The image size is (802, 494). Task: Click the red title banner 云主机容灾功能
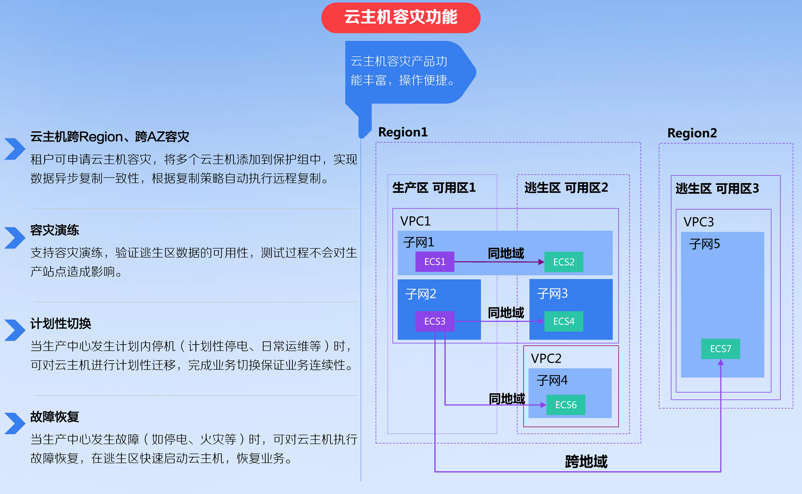(x=401, y=18)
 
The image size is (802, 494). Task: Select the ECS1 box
(x=434, y=262)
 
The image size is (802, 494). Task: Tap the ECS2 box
(x=563, y=262)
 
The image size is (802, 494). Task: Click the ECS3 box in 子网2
(x=434, y=321)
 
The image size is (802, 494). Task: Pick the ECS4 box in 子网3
(x=563, y=321)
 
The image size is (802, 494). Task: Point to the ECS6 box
(x=566, y=405)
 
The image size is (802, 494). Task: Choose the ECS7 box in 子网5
(x=720, y=349)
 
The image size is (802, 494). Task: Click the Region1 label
(x=403, y=132)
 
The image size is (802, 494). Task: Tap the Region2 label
(x=692, y=133)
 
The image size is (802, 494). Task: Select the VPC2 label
(x=546, y=358)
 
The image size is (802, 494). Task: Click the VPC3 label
(x=698, y=222)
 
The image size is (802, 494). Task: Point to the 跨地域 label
(x=586, y=461)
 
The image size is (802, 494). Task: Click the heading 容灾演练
(x=55, y=230)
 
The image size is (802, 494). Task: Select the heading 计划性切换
(x=61, y=323)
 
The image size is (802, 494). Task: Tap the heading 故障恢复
(x=55, y=417)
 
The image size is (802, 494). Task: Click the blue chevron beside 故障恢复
(x=15, y=423)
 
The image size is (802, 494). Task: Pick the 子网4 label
(x=552, y=381)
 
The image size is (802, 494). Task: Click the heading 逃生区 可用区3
(x=717, y=189)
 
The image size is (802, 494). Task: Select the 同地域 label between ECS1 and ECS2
(x=506, y=253)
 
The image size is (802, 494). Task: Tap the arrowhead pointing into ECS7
(x=721, y=362)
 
